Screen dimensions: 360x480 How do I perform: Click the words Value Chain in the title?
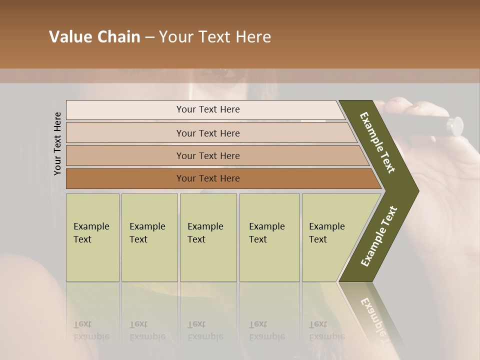[94, 37]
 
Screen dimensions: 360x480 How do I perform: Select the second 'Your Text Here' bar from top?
[208, 133]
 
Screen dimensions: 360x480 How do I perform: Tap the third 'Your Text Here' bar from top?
[208, 155]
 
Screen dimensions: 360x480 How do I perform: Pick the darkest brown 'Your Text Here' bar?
[208, 178]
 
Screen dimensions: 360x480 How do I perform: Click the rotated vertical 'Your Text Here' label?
[57, 143]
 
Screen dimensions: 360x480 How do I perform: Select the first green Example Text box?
[92, 237]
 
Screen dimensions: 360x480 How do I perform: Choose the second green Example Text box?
[149, 237]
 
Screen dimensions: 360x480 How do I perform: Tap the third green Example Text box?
[207, 237]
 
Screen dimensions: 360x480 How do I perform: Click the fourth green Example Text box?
[269, 237]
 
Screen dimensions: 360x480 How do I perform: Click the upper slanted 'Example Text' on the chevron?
[377, 142]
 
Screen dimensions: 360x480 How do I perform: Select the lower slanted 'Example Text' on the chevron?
[379, 236]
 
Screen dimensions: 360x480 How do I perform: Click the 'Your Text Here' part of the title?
[215, 37]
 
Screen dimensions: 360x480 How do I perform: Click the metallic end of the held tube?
[455, 125]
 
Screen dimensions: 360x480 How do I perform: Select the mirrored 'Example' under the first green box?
[91, 336]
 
